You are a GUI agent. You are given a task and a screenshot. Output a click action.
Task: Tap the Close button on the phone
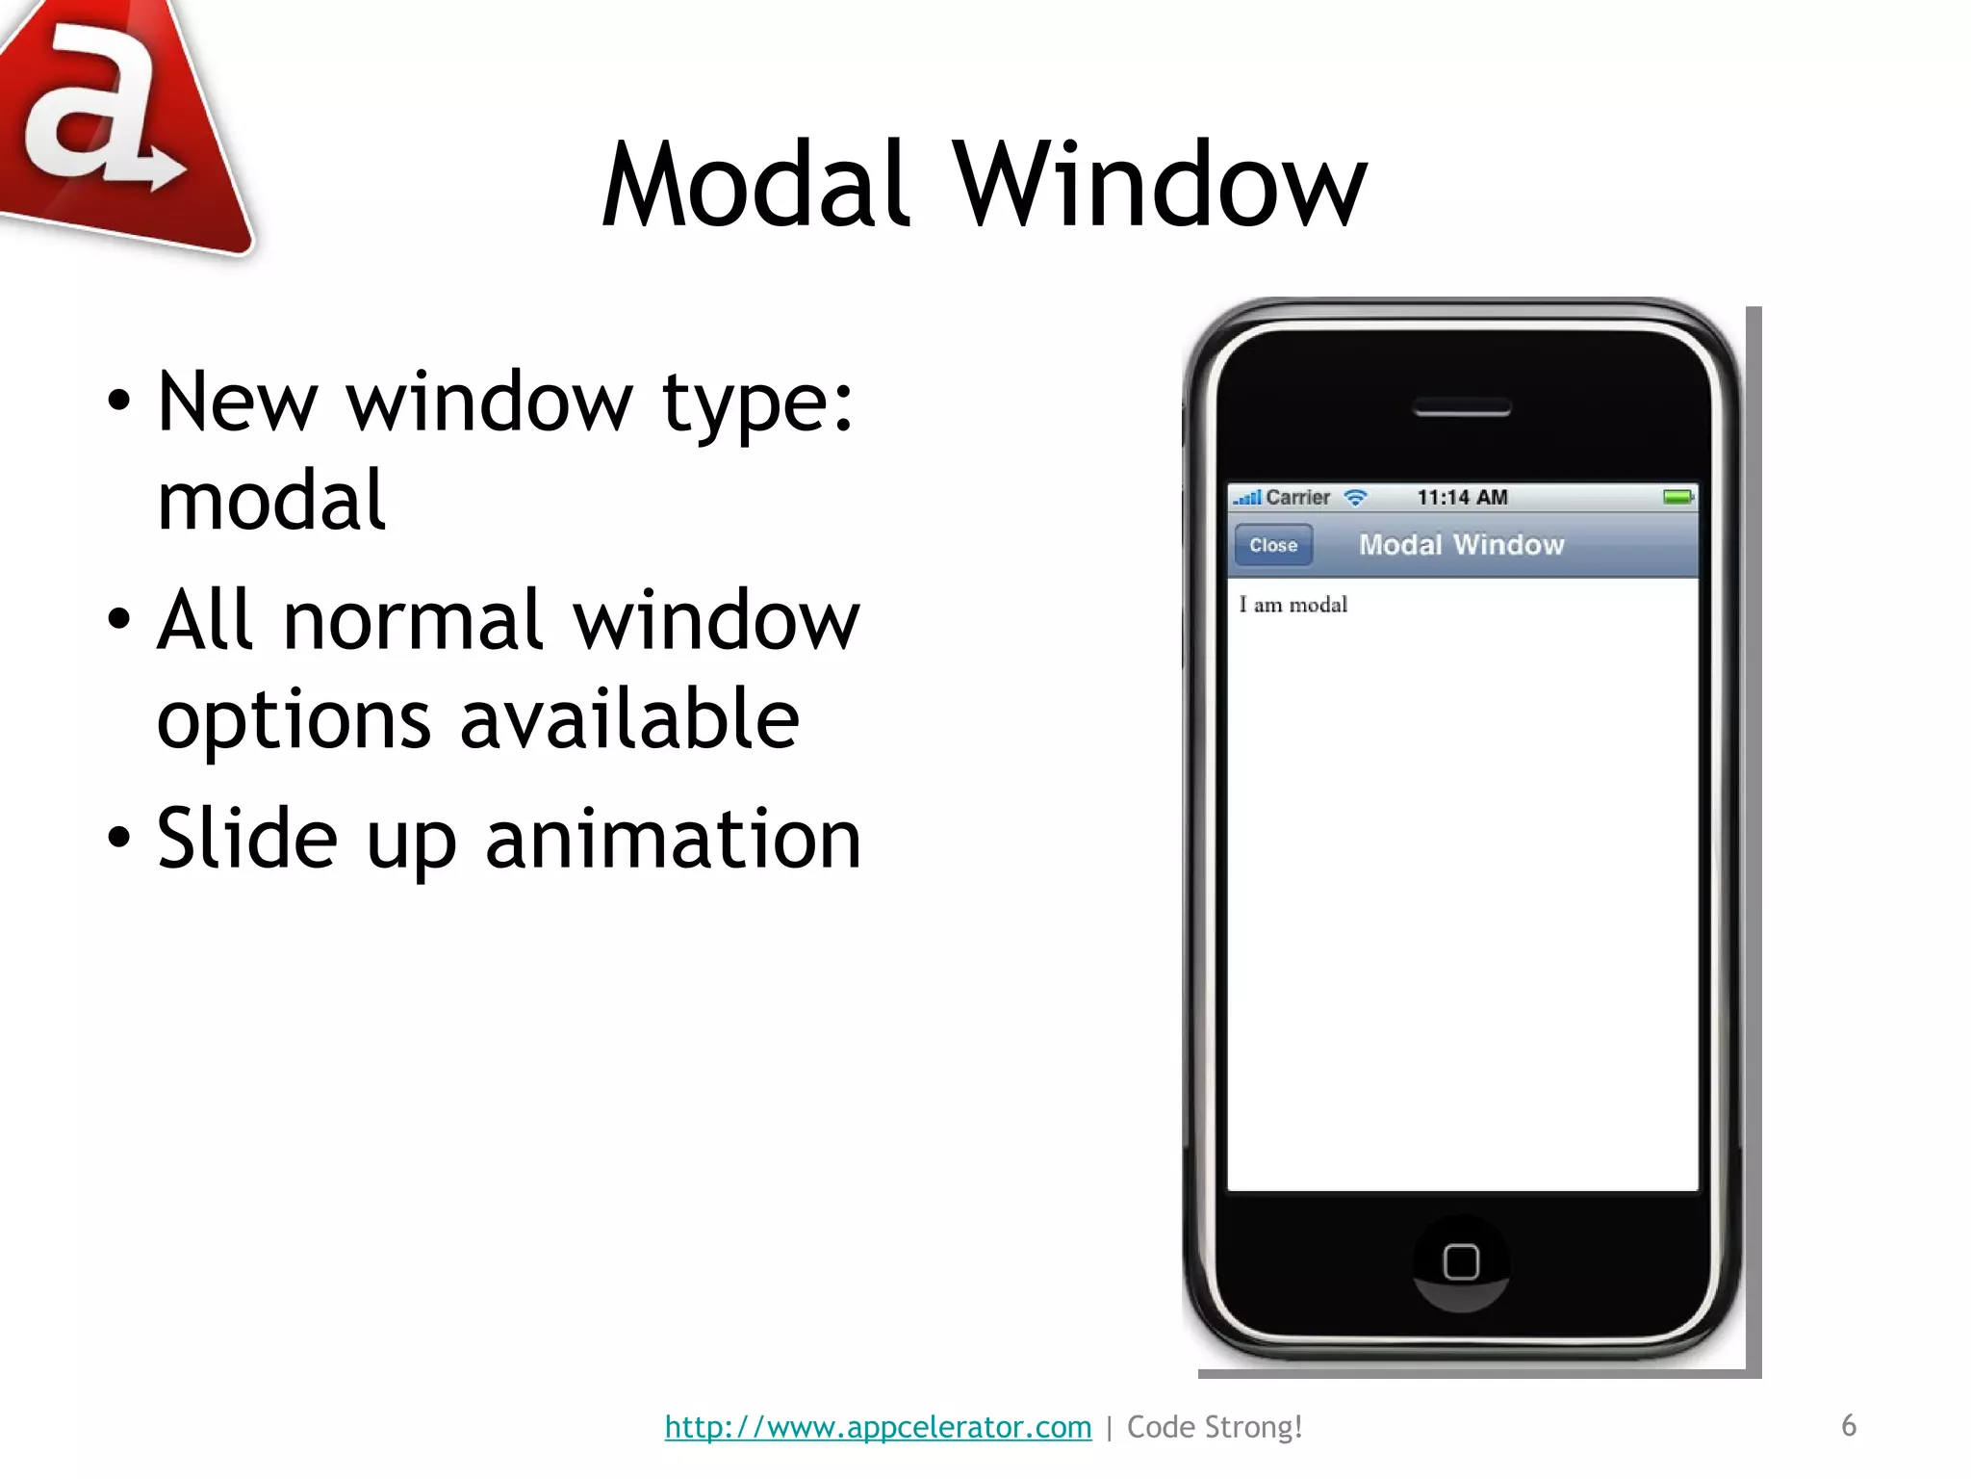tap(1273, 545)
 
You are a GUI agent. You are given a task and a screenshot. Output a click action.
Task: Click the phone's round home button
tap(1461, 1262)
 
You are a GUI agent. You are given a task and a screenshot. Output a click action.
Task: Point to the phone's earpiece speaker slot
tap(1461, 409)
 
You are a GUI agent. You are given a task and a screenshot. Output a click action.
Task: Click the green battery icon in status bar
tap(1677, 497)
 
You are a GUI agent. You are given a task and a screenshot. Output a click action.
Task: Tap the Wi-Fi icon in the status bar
tap(1355, 498)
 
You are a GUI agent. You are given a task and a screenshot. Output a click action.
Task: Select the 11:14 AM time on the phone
tap(1462, 498)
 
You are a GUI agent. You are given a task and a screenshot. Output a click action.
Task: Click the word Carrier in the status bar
tap(1297, 498)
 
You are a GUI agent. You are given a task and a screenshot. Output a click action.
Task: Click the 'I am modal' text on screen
tap(1293, 605)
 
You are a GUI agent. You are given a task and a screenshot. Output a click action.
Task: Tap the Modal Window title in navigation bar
tap(1461, 545)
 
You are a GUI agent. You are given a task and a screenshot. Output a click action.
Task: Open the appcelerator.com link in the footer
tap(878, 1427)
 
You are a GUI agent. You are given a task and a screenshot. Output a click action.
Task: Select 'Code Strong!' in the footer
tap(1215, 1427)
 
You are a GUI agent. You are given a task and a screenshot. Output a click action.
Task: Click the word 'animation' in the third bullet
tap(673, 840)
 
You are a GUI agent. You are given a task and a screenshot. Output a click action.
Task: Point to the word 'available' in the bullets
tap(629, 719)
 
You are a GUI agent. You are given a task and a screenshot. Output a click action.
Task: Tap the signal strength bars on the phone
tap(1247, 498)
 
